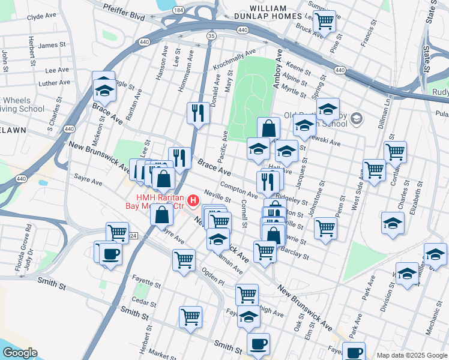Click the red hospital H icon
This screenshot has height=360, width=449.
tap(193, 200)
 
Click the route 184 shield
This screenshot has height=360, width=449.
tap(178, 10)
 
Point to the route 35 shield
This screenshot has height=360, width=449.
tap(211, 37)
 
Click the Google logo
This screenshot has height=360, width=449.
tap(19, 353)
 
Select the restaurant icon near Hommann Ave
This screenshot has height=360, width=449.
tap(198, 112)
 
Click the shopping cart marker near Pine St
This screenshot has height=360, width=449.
tap(325, 21)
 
